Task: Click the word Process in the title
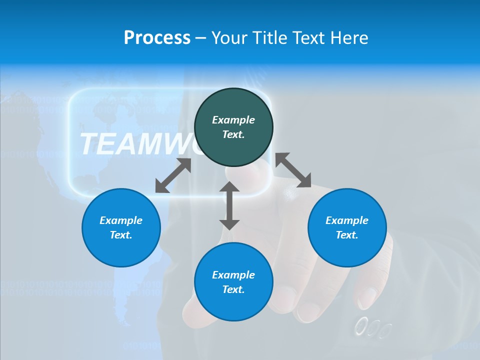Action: tap(157, 38)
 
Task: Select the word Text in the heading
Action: tap(309, 38)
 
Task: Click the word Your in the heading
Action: tap(229, 38)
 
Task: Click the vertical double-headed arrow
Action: tap(229, 205)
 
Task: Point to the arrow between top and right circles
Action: tap(293, 170)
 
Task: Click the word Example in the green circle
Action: tap(233, 120)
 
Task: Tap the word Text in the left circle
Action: tap(121, 235)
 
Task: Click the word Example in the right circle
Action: tap(347, 220)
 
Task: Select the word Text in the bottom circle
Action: tap(233, 289)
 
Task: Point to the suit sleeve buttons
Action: tap(372, 328)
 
